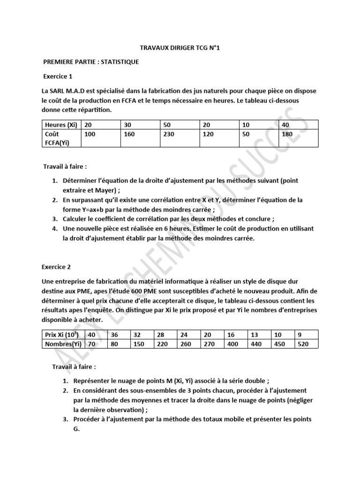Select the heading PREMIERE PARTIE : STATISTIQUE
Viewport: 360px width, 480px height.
pos(91,62)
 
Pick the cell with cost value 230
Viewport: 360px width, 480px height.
pos(171,135)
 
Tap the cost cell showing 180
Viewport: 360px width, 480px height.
pos(288,135)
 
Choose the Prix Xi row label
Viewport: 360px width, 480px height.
pos(60,335)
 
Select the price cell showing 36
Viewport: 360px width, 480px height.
pos(114,335)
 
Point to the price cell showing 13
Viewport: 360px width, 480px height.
pos(254,335)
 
